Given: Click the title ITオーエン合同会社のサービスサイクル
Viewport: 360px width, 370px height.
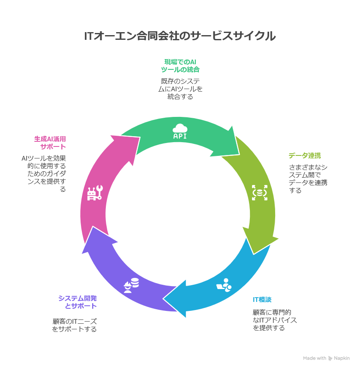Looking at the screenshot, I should click(x=180, y=36).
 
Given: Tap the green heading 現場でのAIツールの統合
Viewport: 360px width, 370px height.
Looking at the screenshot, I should click(x=180, y=66).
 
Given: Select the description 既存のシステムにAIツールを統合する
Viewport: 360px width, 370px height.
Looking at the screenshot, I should click(x=180, y=89).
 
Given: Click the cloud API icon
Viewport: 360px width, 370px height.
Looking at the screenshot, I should click(x=180, y=131).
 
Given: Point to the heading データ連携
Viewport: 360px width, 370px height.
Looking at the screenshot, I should click(x=305, y=155).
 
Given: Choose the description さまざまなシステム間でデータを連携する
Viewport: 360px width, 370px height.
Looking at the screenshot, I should click(x=308, y=179).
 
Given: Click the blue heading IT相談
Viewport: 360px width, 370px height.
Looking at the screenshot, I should click(x=262, y=299).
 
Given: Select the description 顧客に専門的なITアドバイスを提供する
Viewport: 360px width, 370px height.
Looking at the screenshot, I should click(x=275, y=320).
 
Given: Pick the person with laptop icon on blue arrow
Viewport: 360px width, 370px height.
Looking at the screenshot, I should click(x=224, y=285).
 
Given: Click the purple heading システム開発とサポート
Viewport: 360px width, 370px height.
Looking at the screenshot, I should click(x=78, y=302).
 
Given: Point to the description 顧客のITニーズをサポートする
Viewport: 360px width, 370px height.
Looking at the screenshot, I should click(x=75, y=325).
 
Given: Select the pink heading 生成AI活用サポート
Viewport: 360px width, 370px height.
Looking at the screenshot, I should click(x=50, y=143).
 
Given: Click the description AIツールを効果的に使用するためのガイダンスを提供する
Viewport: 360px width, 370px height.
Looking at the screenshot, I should click(x=44, y=173).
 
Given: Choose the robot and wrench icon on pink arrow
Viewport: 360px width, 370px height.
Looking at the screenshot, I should click(x=95, y=193).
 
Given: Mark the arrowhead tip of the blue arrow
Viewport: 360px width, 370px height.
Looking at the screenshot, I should click(x=165, y=298).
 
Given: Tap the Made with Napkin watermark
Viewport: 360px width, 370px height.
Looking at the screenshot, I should click(x=326, y=358).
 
